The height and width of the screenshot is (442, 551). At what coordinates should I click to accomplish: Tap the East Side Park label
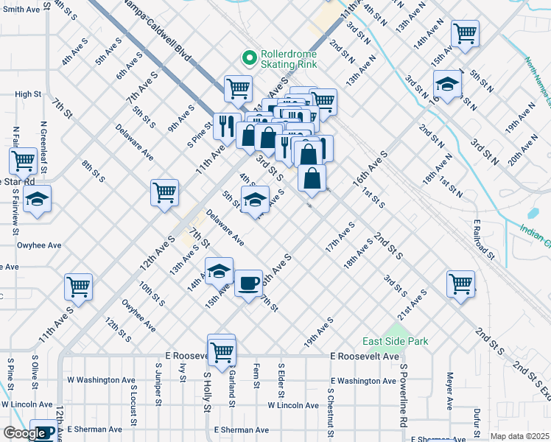tap(395, 342)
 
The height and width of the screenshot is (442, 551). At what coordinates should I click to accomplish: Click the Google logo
tap(24, 433)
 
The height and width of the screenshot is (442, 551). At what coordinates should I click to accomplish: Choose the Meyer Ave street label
tap(449, 391)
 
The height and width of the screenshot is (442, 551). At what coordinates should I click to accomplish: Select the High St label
tap(28, 94)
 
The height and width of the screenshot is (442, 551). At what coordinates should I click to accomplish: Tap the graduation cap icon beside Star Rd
tap(37, 199)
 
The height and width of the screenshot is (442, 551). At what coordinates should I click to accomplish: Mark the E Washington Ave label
tap(363, 381)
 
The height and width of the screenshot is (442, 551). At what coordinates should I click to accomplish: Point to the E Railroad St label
tap(483, 239)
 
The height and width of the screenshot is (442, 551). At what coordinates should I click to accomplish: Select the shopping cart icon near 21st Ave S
tap(460, 284)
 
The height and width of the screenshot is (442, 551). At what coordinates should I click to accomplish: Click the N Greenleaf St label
tap(43, 147)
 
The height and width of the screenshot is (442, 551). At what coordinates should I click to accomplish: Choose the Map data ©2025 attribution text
tap(519, 436)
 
